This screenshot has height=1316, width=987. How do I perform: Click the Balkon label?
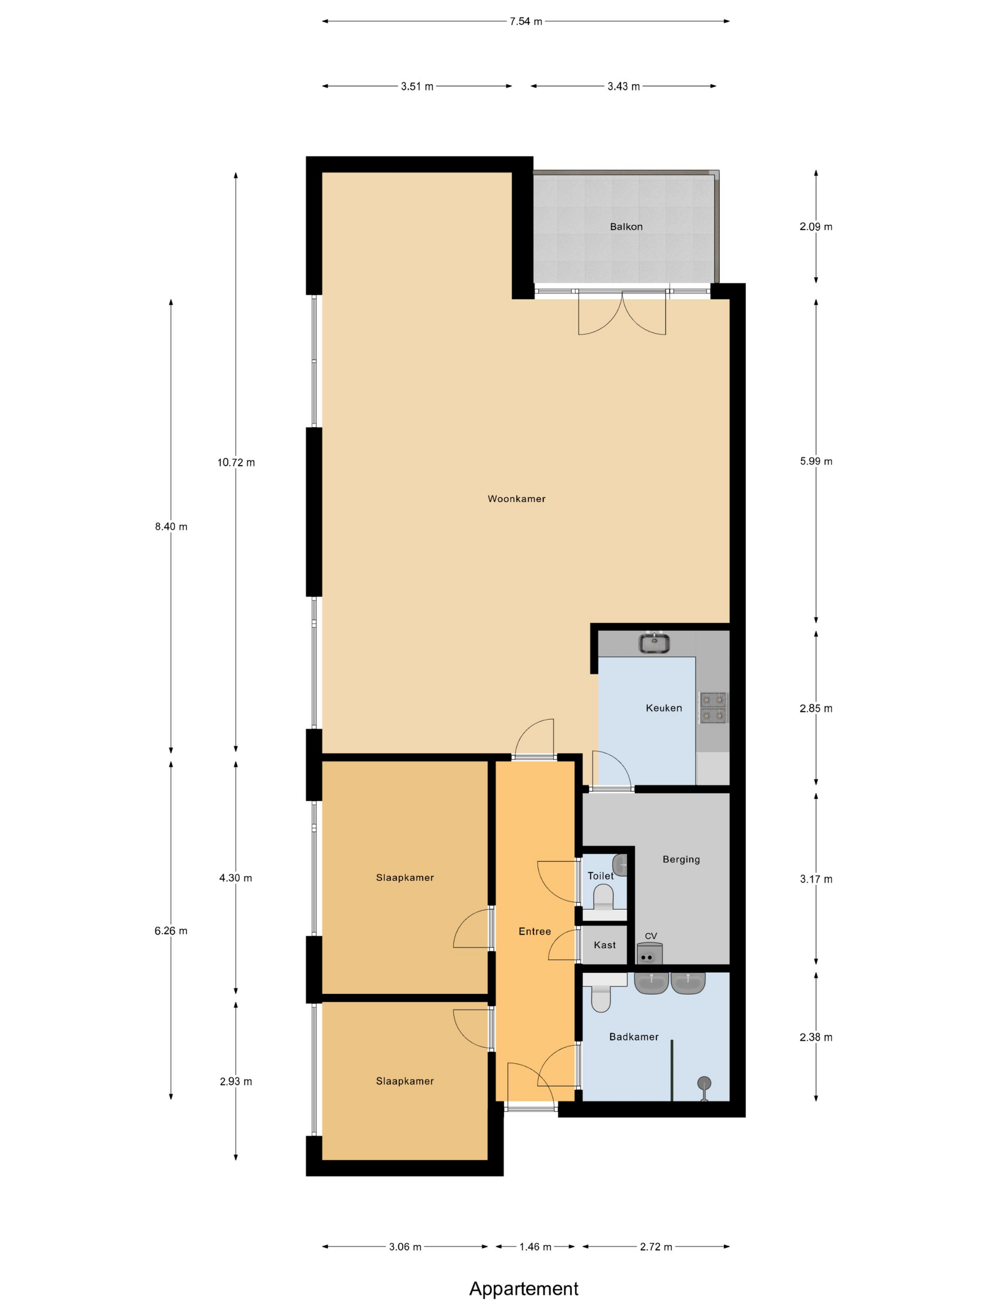point(626,227)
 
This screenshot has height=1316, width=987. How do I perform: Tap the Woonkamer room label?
point(517,499)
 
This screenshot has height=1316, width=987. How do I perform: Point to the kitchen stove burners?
point(713,707)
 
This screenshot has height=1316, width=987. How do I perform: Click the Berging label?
point(681,859)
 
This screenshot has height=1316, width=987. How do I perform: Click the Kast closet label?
point(604,945)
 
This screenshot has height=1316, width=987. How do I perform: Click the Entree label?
point(535,932)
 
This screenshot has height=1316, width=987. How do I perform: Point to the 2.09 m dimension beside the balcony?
point(815,227)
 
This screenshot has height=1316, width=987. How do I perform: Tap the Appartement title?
point(524,1288)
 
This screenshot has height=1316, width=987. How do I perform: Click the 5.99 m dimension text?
point(815,461)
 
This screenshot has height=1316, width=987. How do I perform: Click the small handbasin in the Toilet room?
point(620,864)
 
